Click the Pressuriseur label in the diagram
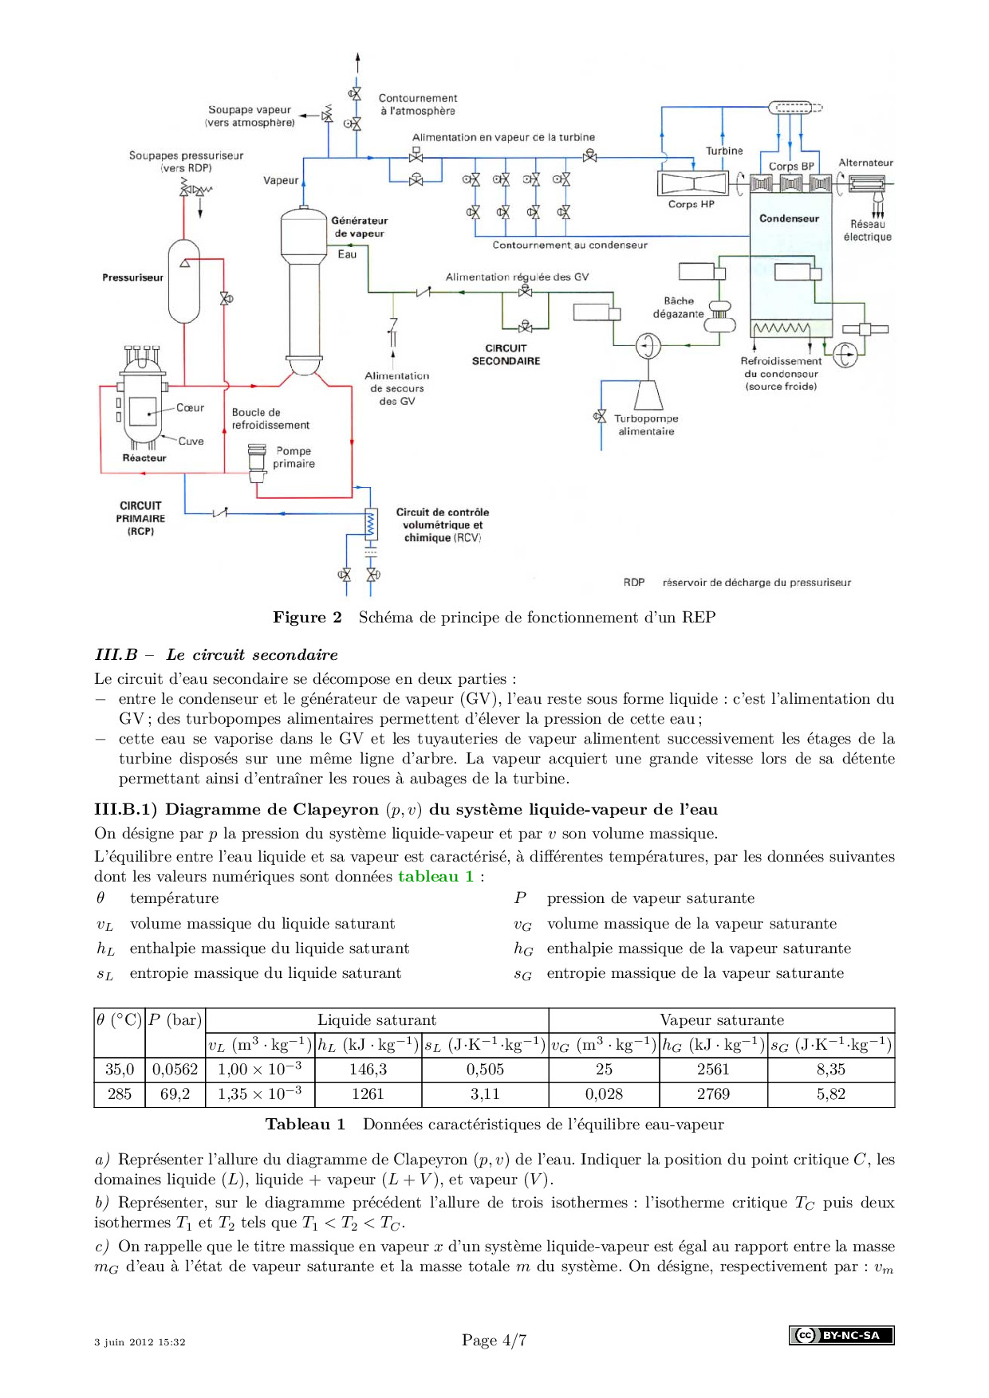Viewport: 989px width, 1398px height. point(132,277)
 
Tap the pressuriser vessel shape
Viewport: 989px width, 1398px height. point(184,281)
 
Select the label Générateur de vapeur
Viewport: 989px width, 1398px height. point(359,227)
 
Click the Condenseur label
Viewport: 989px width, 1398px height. point(789,218)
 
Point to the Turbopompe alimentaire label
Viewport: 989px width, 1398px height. point(646,425)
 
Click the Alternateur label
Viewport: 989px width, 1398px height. point(865,163)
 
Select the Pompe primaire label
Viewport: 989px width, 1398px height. point(294,457)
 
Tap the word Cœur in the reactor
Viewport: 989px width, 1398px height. point(190,408)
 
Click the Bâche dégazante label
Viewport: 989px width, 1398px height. point(679,308)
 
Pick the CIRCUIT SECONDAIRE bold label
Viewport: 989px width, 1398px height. point(506,355)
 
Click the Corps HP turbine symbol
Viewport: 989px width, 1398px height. point(692,184)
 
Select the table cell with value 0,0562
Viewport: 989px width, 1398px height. point(175,1070)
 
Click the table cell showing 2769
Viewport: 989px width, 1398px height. point(713,1094)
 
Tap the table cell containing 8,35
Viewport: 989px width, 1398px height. point(830,1070)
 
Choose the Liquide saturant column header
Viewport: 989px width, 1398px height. point(376,1020)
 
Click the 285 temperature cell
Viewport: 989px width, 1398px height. point(120,1094)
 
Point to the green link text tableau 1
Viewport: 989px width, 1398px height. point(435,877)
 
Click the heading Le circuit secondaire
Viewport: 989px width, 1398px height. point(252,655)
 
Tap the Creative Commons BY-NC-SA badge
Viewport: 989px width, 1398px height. point(841,1335)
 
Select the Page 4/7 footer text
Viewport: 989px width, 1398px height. point(494,1341)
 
